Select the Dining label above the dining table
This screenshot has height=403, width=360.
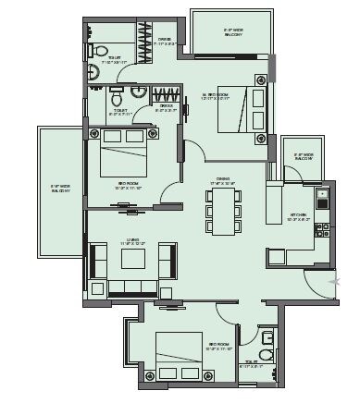222,181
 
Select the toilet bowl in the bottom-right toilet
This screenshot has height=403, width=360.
267,354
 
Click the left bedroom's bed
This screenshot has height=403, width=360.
124,154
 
